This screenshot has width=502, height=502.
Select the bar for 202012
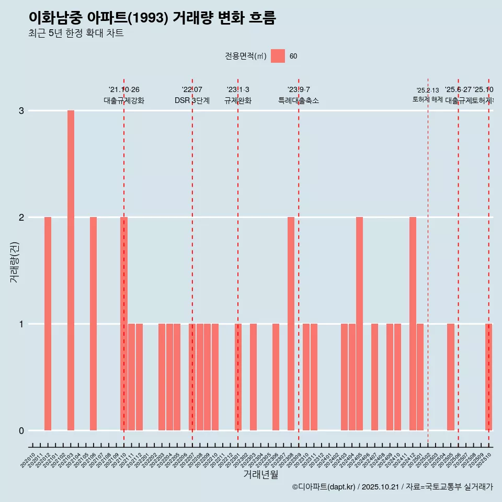tap(48, 324)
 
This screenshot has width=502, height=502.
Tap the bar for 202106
tap(93, 324)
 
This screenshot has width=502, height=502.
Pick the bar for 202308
tap(291, 324)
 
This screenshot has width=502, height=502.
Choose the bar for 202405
tap(359, 324)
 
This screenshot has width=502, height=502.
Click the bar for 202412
tap(413, 324)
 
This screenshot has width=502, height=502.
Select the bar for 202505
tap(451, 377)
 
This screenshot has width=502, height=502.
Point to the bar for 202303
tap(253, 377)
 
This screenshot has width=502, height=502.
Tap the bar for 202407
tap(374, 377)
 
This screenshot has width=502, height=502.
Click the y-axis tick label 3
tap(21, 111)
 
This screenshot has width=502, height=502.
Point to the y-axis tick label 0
tap(21, 431)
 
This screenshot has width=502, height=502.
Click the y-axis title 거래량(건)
tap(15, 262)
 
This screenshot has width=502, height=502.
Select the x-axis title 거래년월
tap(260, 474)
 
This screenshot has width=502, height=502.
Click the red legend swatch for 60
tap(278, 56)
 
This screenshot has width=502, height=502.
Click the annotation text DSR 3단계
tap(192, 101)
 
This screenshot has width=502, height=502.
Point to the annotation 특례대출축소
tap(299, 101)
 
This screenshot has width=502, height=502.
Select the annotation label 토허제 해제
tap(428, 99)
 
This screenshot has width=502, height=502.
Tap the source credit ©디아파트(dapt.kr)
tap(323, 487)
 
